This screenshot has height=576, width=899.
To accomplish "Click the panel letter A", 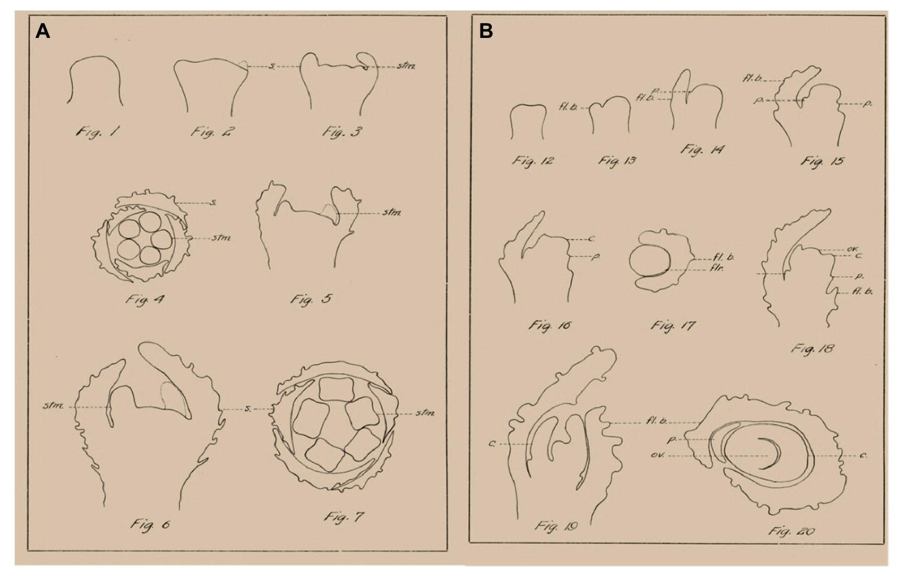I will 42,31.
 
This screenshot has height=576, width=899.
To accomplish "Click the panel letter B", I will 486,31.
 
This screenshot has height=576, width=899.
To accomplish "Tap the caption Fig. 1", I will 98,132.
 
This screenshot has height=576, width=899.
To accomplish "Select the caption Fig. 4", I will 145,300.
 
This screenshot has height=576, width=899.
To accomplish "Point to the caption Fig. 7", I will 344,517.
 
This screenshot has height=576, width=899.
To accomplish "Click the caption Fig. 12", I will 533,161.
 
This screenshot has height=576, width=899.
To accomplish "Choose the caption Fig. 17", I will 673,325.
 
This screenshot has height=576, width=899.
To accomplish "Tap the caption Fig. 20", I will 791,531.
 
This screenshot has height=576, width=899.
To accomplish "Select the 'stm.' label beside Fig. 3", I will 406,66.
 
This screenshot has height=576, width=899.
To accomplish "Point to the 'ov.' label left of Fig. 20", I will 658,455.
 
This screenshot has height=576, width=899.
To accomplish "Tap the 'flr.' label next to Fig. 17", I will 717,269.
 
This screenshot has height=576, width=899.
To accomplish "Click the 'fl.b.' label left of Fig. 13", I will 568,108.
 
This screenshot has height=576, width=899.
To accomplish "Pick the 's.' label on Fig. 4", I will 213,203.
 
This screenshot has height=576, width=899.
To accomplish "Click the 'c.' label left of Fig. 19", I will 492,444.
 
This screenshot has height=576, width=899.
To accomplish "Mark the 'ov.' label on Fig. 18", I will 852,250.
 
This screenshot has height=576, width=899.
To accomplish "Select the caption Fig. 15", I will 822,162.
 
